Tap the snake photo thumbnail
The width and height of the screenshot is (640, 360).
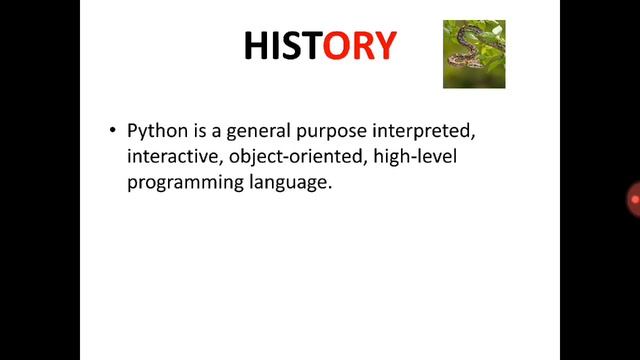[474, 55]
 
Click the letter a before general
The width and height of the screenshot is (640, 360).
[210, 133]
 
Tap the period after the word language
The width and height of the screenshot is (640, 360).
[328, 190]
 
